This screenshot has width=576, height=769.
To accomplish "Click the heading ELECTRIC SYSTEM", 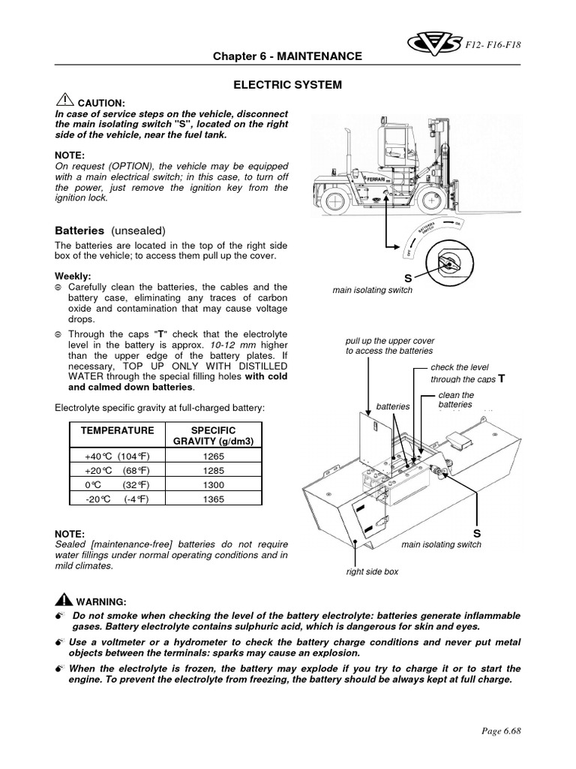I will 288,85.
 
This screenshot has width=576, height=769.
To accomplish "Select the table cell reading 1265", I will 214,455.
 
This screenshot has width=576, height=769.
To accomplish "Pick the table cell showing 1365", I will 214,498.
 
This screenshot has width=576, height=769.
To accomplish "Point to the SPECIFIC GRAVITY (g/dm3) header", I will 214,436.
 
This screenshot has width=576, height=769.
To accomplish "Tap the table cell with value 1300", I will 214,484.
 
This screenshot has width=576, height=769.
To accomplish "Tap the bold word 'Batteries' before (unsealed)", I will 81,230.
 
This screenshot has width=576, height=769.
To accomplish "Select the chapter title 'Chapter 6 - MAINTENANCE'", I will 288,56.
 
